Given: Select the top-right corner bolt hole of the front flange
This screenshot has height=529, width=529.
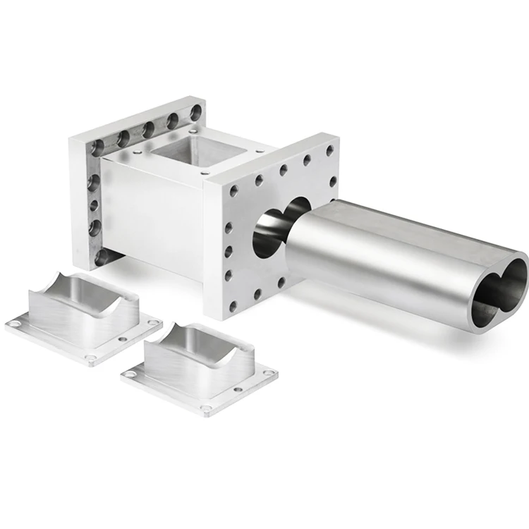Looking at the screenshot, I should [x=329, y=150].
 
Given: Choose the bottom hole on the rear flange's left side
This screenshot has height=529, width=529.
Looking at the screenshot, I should [x=100, y=256].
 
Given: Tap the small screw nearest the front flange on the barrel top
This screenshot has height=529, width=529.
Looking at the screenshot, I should [x=205, y=171].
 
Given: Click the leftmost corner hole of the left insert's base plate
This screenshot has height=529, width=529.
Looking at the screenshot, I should [x=15, y=324].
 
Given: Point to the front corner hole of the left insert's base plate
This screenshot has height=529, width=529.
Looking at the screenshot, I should [x=90, y=358].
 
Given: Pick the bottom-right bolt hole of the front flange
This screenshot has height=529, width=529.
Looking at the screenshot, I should [x=281, y=282].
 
